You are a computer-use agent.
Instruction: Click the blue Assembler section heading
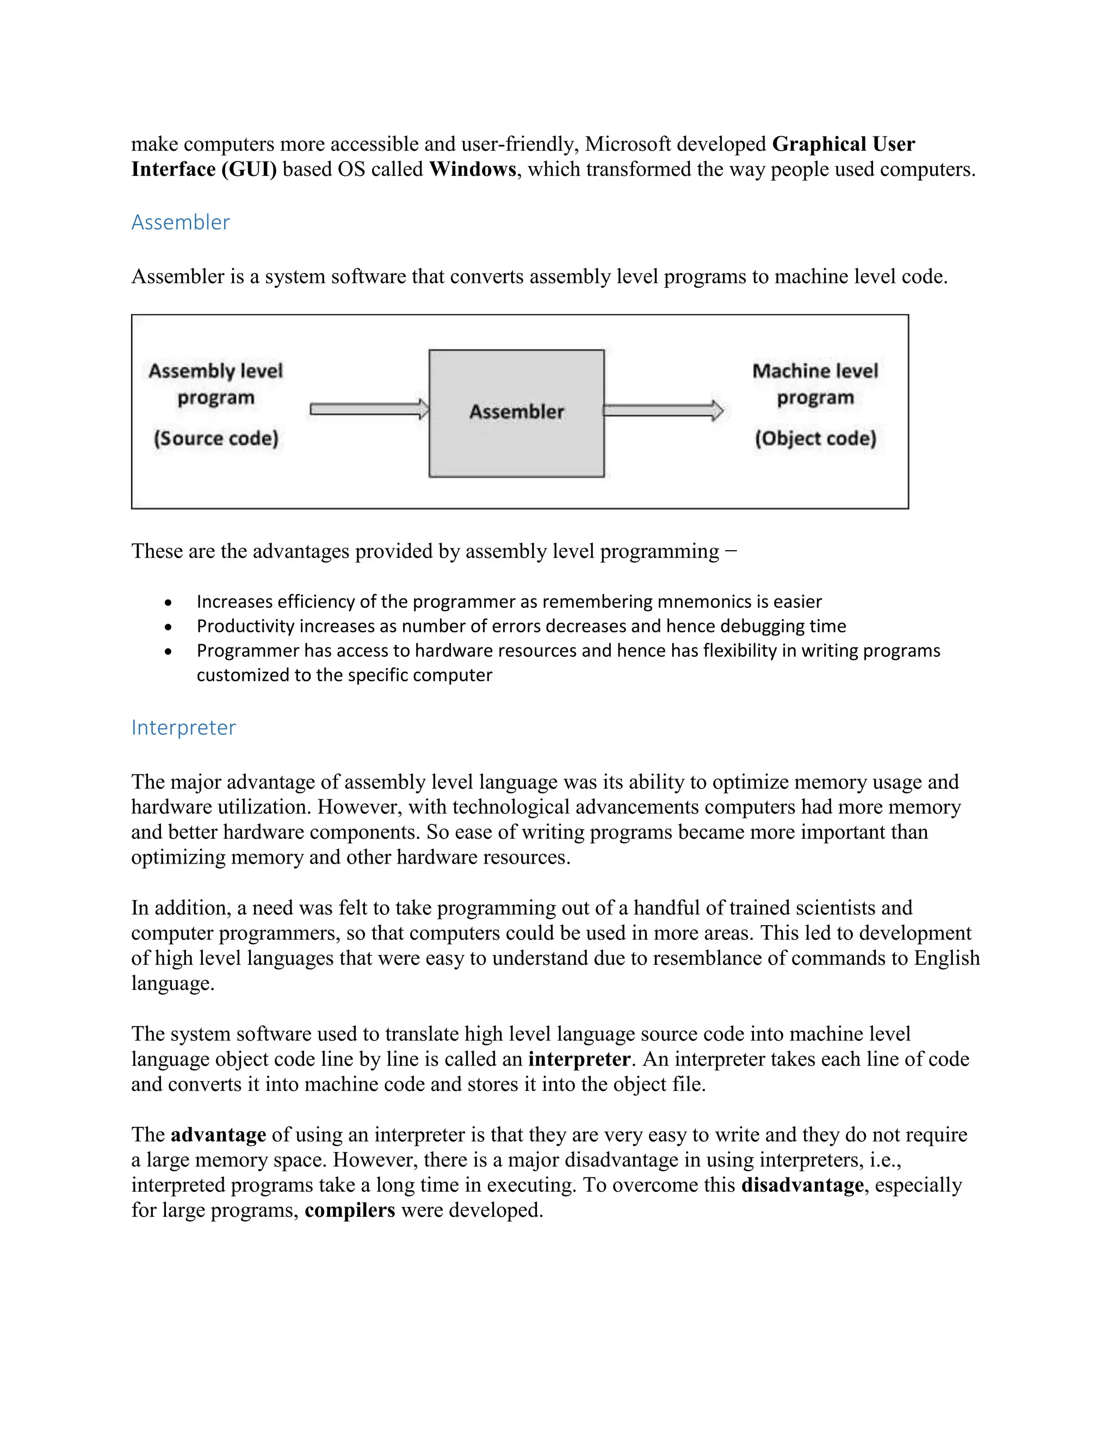click(180, 223)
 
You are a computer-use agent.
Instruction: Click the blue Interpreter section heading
click(183, 728)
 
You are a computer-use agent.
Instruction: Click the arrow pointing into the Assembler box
click(369, 409)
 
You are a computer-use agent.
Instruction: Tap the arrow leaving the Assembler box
click(663, 411)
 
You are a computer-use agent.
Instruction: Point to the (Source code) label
click(216, 439)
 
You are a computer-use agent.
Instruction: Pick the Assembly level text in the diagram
click(215, 371)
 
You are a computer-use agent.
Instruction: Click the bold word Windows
click(473, 170)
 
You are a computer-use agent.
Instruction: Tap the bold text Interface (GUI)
click(204, 170)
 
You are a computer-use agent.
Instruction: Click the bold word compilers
click(350, 1210)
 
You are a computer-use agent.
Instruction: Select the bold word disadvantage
click(802, 1185)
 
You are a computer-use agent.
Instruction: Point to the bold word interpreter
click(579, 1059)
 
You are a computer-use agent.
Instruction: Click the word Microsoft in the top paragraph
click(628, 144)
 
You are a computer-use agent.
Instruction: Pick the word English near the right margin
click(946, 958)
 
